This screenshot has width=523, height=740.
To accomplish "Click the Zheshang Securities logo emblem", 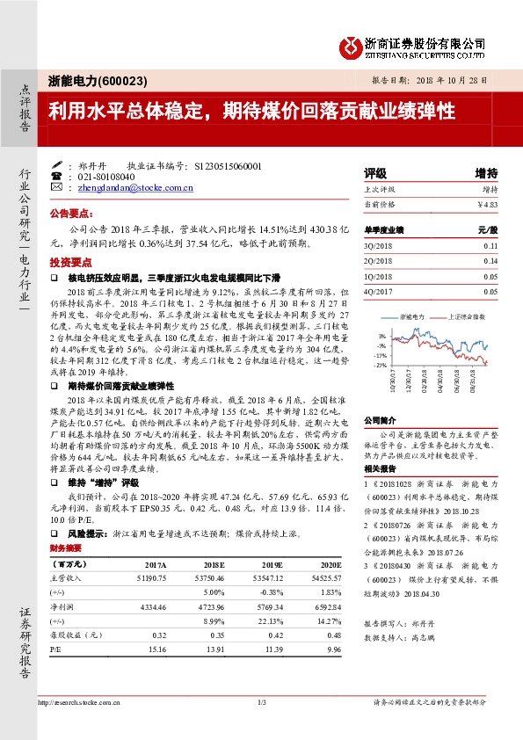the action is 352,44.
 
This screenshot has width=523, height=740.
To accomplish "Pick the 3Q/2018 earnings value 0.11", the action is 490,247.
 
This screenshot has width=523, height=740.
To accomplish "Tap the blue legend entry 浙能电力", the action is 413,315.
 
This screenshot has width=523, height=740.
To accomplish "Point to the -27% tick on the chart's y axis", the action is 380,364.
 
